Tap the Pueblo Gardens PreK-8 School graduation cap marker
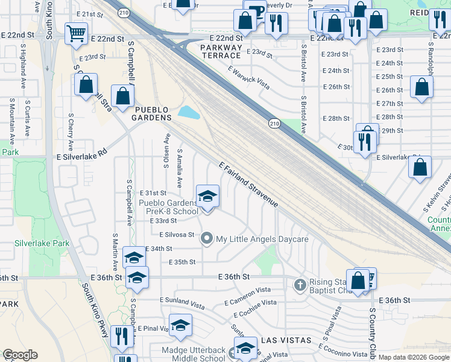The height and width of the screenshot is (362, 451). click(208, 196)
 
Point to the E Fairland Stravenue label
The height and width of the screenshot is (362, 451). click(248, 185)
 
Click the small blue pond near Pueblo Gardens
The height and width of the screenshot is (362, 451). click(189, 112)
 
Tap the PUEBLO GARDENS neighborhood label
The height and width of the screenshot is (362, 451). click(153, 113)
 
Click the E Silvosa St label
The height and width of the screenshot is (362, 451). click(177, 234)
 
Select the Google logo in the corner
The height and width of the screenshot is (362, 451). click(20, 355)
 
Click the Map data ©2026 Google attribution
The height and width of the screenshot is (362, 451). click(413, 357)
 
